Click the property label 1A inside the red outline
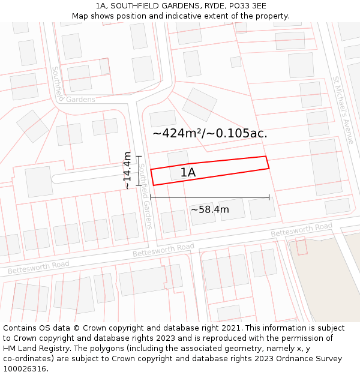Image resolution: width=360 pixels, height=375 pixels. (x=188, y=173)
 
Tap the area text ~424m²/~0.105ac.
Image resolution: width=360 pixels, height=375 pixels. (x=209, y=133)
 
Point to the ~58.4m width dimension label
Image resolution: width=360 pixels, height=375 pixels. (x=210, y=209)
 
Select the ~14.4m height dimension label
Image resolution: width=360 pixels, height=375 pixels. (x=127, y=170)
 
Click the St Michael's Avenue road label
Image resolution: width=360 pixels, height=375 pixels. (x=343, y=110)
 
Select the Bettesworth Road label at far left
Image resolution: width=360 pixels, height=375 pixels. (x=38, y=267)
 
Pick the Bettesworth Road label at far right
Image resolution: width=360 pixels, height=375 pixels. (x=301, y=229)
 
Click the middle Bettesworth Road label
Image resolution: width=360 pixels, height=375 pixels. (x=163, y=250)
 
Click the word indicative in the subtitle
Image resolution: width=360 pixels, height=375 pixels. (x=161, y=16)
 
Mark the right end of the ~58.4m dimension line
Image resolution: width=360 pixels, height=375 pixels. (x=269, y=197)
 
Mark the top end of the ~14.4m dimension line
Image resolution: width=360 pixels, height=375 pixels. (x=139, y=157)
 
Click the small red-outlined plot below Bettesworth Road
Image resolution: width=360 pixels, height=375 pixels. (x=301, y=245)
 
